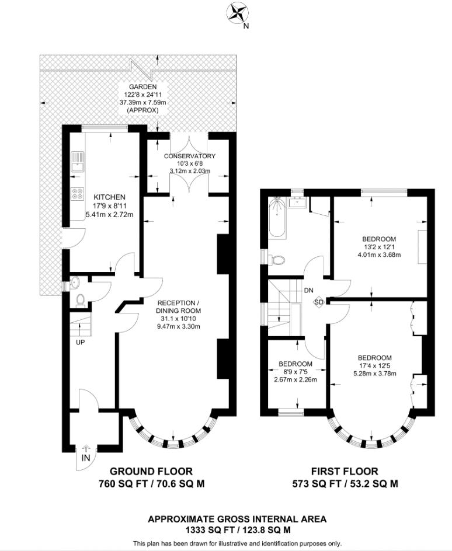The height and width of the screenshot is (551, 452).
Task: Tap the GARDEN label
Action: pos(138,86)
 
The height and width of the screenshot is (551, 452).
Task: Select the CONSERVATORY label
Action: pos(189,156)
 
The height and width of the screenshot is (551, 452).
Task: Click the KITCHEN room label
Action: pos(105,197)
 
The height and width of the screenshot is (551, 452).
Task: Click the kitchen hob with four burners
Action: pos(76,194)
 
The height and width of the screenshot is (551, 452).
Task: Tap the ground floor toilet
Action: pos(81,300)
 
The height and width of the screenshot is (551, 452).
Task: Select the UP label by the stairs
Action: pos(79,342)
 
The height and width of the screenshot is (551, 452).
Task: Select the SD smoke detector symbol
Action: pos(318,302)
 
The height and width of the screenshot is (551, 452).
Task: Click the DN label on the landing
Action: pos(308,290)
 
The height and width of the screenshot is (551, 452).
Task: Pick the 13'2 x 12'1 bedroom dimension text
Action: pos(379,247)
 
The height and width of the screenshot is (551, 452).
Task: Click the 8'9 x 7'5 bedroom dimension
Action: pos(295,371)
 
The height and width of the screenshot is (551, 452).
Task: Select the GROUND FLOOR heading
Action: pos(151,471)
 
